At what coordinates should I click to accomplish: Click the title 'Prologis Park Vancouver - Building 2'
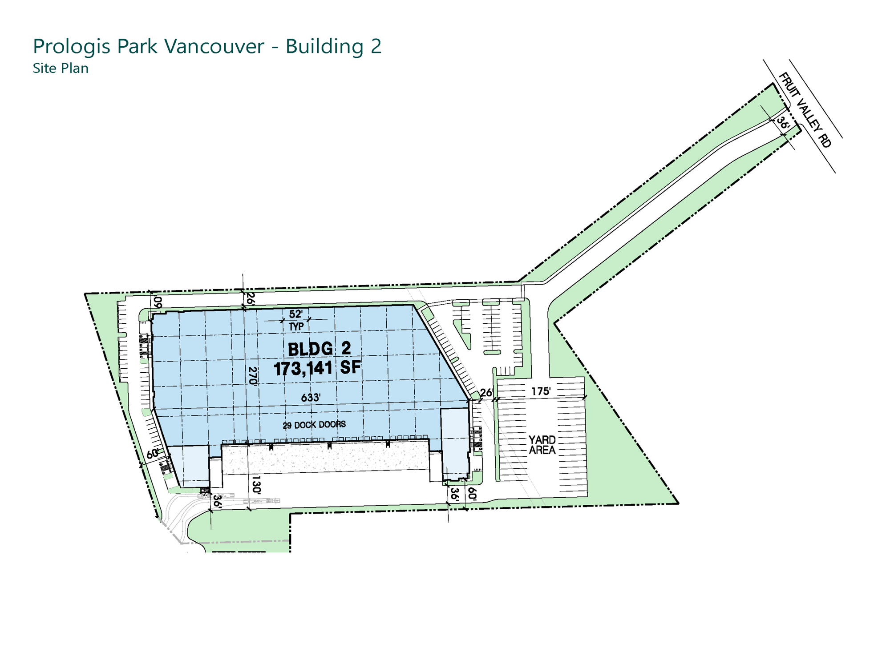click(207, 47)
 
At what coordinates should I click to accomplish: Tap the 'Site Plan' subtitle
click(61, 68)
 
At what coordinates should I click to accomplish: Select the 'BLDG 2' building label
click(320, 349)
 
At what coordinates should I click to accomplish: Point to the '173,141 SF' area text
click(317, 368)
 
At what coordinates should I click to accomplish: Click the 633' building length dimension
click(311, 397)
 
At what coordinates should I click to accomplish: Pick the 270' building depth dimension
click(253, 376)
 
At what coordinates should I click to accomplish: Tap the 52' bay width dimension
click(296, 314)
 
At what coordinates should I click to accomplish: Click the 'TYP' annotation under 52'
click(296, 326)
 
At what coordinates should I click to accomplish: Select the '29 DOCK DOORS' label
click(314, 425)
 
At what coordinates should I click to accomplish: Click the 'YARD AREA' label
click(542, 445)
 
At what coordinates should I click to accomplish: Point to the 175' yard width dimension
click(541, 391)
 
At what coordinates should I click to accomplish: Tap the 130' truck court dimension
click(256, 484)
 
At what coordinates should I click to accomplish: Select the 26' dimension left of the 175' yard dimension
click(486, 392)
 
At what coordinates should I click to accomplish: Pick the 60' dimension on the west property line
click(153, 454)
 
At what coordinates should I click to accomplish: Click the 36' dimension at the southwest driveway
click(217, 501)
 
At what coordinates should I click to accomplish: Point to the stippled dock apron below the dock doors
click(325, 457)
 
